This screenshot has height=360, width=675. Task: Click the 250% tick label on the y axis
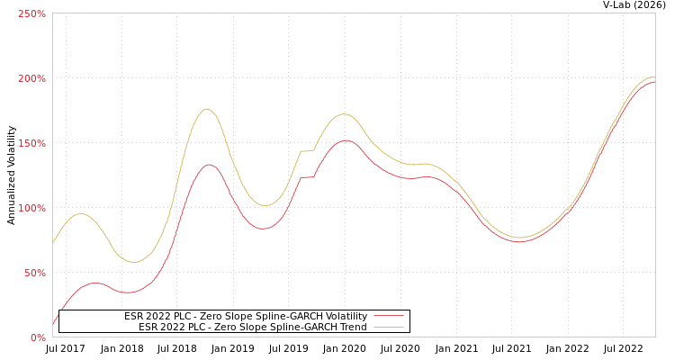pos(31,13)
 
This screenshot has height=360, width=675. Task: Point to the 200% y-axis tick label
pos(31,78)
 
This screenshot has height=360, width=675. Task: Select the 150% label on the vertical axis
pos(31,143)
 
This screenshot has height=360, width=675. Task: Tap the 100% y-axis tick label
pos(31,208)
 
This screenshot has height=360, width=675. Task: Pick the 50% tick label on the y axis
pos(34,273)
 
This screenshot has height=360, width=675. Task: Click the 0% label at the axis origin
pos(38,337)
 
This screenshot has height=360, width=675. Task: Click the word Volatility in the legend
pos(346,316)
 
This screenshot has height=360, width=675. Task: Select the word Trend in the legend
pos(352,327)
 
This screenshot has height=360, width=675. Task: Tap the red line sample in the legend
pos(389,316)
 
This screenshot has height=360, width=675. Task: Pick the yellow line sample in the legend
pos(389,327)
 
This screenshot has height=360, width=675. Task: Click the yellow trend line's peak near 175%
pos(207,109)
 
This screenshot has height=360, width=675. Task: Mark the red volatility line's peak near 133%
pos(209,164)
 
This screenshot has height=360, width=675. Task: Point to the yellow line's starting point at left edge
pos(53,242)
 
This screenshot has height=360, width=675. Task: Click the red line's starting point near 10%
pos(53,324)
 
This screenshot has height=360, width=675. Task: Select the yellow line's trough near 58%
pos(134,262)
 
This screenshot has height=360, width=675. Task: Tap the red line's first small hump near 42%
pos(94,283)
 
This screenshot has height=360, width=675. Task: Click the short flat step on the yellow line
pos(307,151)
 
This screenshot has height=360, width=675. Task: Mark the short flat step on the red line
pos(307,177)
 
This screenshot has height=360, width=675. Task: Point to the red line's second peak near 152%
pos(346,140)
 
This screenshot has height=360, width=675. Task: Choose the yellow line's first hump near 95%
pos(81,213)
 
